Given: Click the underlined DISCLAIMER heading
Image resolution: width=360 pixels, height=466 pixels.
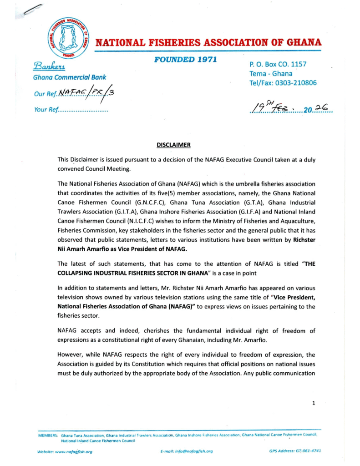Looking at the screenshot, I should click(173, 145).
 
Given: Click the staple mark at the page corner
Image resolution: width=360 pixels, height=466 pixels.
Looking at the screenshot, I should click(33, 10).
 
